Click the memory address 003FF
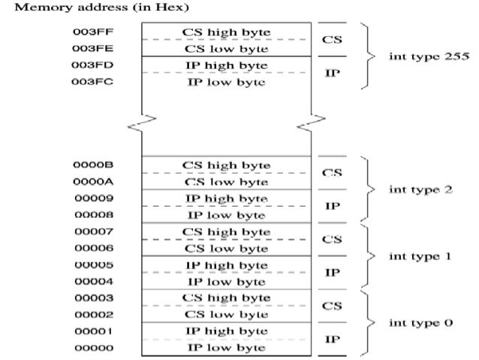[x=87, y=32]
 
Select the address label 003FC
[x=87, y=82]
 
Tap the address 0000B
[x=87, y=165]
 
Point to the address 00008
[x=87, y=214]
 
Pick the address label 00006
[x=87, y=247]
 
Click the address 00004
[x=87, y=281]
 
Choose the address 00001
[x=87, y=331]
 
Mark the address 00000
[x=87, y=348]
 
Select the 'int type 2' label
[x=421, y=189]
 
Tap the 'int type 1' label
[x=421, y=256]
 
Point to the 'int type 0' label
[x=421, y=323]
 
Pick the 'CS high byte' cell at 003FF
[x=226, y=32]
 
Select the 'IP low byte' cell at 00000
[x=226, y=348]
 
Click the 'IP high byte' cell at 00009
[x=226, y=198]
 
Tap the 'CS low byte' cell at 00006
[x=226, y=247]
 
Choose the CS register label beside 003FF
[x=332, y=40]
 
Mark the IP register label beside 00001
[x=332, y=340]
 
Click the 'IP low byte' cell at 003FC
[x=226, y=82]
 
